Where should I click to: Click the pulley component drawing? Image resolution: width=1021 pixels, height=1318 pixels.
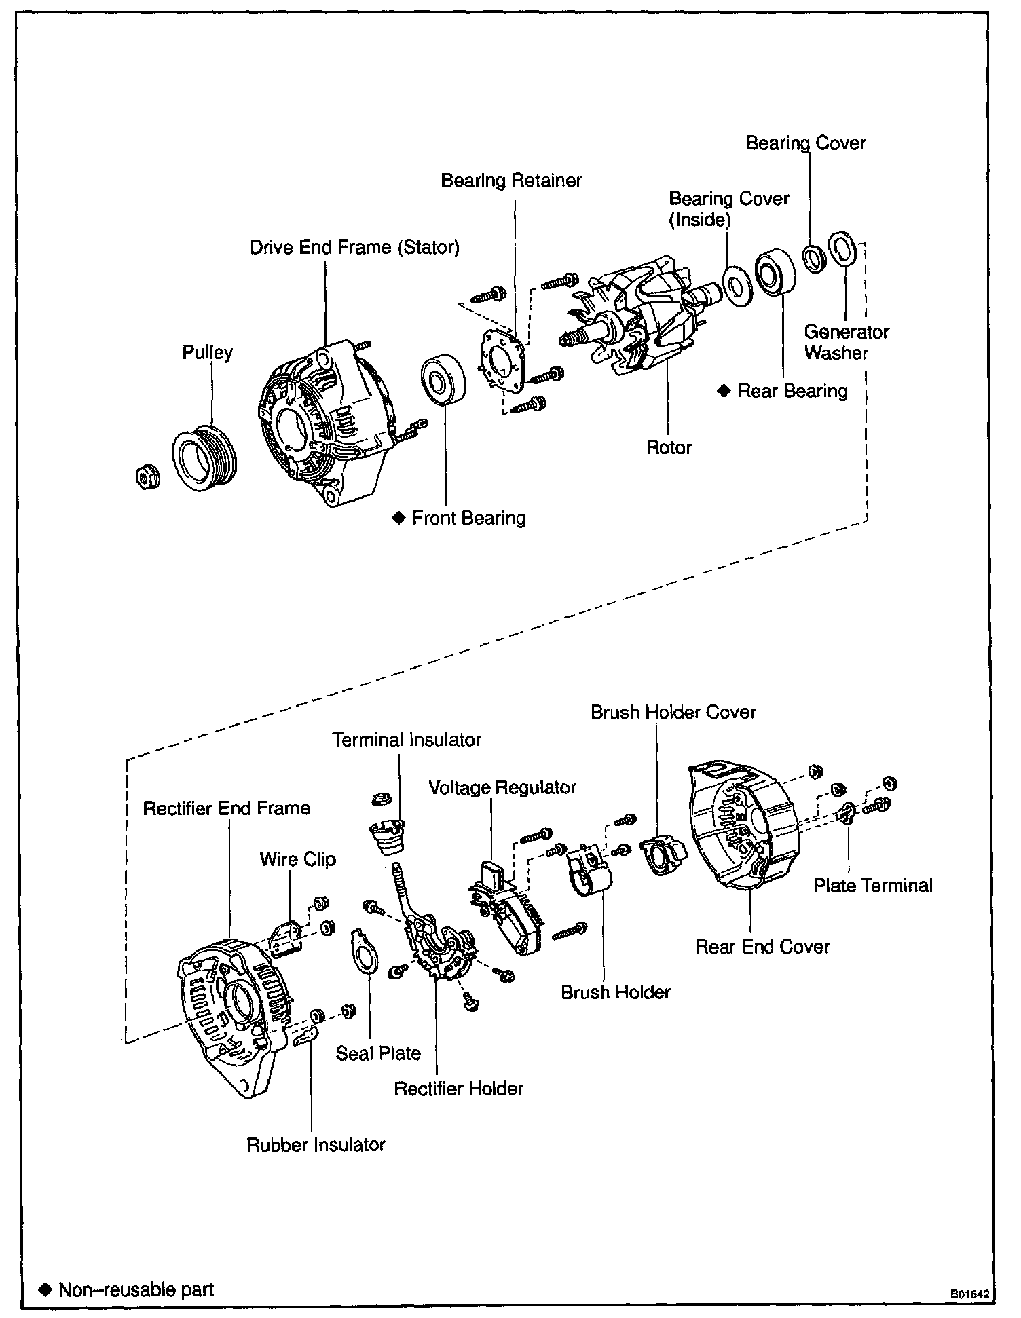click(203, 457)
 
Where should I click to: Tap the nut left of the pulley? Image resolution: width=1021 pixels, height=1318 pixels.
click(146, 476)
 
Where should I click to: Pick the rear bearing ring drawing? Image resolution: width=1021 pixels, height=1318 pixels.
click(775, 274)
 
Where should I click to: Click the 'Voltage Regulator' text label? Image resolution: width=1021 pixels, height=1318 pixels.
click(502, 787)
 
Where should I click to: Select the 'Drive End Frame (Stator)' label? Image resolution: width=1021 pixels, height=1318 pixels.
click(354, 247)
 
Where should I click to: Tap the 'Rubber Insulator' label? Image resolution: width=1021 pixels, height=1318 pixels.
click(316, 1144)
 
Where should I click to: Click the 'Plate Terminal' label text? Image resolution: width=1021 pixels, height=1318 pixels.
click(873, 885)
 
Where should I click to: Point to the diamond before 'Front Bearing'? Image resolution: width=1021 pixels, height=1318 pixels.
click(398, 518)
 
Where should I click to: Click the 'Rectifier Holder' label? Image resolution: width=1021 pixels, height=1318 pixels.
click(459, 1088)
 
